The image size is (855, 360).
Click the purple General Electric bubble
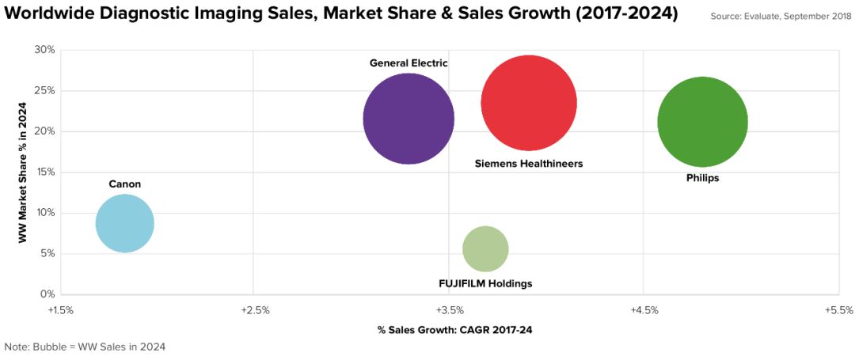[x=408, y=119]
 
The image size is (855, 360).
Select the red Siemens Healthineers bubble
[x=529, y=103]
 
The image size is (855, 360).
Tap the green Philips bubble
[x=703, y=121]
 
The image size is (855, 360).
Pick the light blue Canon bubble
[x=124, y=223]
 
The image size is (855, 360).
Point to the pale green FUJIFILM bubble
[x=485, y=248]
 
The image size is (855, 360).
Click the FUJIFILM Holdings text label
[x=485, y=283]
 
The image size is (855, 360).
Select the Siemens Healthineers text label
[x=529, y=164]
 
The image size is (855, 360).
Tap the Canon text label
[x=125, y=184]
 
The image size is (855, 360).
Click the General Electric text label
[x=408, y=63]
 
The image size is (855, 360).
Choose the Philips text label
[x=703, y=179]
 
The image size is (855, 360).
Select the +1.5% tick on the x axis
[x=60, y=310]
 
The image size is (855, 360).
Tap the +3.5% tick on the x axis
[x=450, y=310]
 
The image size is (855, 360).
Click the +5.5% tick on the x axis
[x=838, y=310]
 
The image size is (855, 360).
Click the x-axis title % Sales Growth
[x=450, y=329]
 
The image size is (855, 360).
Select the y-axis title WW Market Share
[x=25, y=172]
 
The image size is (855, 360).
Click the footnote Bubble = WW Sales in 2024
[x=85, y=347]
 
